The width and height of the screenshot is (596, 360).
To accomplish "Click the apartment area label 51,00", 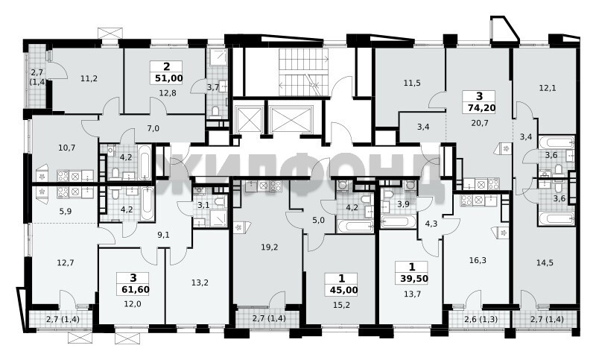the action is point(169,79).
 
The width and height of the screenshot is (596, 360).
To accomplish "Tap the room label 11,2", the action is point(89,79).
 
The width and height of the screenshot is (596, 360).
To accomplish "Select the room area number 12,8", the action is point(167,92).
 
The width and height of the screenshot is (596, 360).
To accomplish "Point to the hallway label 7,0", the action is point(153,128).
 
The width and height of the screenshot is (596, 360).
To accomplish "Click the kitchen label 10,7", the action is point(68,148).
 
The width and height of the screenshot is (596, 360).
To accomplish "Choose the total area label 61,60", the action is point(136,290).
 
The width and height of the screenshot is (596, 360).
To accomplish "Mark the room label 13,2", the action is point(200,282).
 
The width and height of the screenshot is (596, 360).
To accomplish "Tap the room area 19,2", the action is point(270,247).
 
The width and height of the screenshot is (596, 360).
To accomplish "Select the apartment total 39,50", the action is point(414,279).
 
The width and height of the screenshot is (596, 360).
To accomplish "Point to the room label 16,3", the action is point(478,260).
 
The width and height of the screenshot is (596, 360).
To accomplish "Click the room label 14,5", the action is point(545,262).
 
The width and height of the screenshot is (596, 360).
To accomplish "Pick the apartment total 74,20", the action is point(481,108).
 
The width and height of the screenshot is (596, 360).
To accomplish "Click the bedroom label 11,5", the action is point(412,83).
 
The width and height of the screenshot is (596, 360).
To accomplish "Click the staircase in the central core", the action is point(304,72).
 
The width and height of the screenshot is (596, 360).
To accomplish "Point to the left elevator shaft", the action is point(249,119).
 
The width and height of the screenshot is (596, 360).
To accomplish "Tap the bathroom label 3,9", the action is point(403,204).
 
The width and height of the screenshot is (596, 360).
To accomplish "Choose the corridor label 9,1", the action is point(163,235).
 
